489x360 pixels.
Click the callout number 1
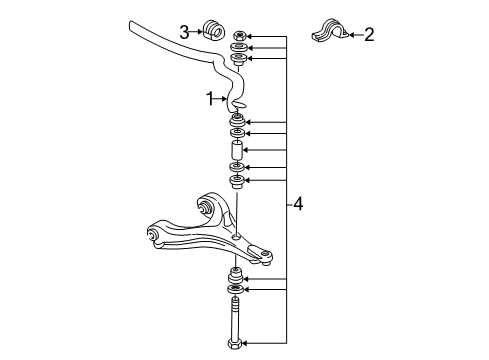(x=210, y=98)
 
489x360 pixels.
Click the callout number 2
(x=369, y=36)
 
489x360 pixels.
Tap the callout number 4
(x=299, y=205)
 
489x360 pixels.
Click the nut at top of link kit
(x=238, y=35)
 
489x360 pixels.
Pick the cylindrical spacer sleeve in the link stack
(x=238, y=151)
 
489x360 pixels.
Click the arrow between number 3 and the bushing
(x=197, y=31)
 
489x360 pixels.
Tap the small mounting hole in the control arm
(x=235, y=237)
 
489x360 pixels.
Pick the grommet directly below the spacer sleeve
(x=238, y=167)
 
